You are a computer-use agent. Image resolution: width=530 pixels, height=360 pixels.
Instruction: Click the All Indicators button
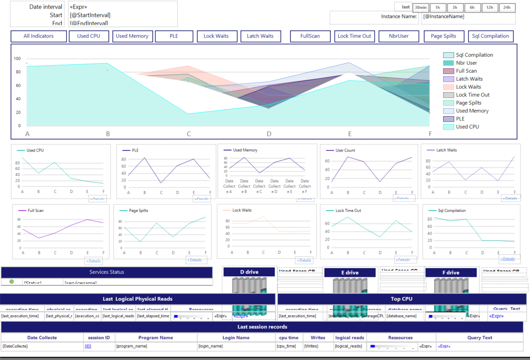click(39, 36)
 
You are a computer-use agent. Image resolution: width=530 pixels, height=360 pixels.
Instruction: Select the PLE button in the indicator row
click(174, 36)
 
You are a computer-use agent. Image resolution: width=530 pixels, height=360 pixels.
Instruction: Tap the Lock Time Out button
click(354, 36)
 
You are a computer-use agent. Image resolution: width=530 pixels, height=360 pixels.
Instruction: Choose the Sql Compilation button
click(491, 36)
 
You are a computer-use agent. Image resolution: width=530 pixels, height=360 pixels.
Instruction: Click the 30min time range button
click(421, 7)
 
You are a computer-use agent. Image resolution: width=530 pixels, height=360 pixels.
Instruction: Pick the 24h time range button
click(507, 7)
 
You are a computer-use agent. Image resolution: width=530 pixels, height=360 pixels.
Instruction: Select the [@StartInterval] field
click(90, 15)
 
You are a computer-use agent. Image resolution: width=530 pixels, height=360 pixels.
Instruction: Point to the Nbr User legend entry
click(467, 63)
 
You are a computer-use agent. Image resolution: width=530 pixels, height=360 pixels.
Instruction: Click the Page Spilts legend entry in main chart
click(468, 103)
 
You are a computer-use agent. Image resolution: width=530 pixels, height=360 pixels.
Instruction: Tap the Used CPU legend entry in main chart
click(467, 127)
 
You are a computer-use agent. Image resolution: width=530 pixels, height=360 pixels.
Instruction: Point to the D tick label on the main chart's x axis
click(269, 134)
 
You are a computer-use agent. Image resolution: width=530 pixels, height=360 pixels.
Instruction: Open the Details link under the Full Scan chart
click(93, 261)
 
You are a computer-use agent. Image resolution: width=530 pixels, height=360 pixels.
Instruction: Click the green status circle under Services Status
click(11, 282)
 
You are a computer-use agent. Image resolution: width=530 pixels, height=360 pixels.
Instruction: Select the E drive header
click(349, 273)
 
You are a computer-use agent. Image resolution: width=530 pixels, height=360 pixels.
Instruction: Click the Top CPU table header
click(402, 299)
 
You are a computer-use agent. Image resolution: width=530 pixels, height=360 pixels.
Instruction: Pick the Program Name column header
click(156, 338)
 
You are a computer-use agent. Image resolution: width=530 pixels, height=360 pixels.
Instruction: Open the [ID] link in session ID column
click(88, 346)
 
